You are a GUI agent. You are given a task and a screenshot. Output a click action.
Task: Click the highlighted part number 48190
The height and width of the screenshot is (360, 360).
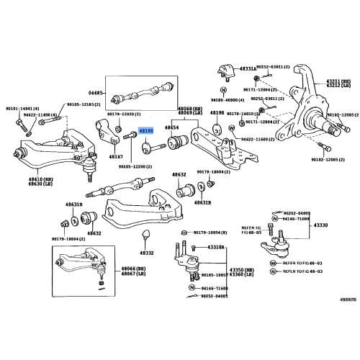(146, 131)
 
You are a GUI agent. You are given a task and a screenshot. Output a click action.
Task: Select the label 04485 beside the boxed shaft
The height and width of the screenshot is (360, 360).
(96, 93)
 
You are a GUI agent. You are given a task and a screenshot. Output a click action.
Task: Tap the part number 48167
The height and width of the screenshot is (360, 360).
(116, 156)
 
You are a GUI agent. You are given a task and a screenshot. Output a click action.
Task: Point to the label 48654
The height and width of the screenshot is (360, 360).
(171, 127)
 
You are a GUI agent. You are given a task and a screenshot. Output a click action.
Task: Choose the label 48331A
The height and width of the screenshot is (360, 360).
(248, 69)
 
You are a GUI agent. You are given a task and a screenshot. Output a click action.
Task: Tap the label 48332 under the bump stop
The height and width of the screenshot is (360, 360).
(147, 253)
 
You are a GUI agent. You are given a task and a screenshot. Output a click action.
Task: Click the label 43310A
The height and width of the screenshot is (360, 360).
(215, 247)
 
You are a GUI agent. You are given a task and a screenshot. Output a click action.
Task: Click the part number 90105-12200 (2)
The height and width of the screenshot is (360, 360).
(136, 166)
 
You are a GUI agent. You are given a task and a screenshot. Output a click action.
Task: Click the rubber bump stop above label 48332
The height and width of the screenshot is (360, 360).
(147, 236)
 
